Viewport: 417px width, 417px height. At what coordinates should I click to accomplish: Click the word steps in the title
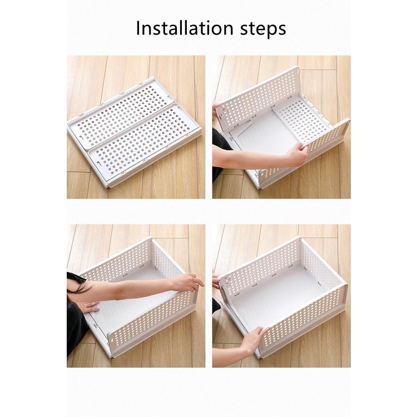tap(264, 29)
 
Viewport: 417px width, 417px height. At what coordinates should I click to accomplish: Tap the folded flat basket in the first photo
tap(134, 132)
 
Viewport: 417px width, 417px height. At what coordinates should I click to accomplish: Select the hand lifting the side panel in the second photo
tap(296, 153)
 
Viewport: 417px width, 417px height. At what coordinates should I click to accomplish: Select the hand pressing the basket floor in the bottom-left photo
tap(88, 306)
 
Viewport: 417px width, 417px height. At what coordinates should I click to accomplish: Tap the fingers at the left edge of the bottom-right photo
tap(216, 279)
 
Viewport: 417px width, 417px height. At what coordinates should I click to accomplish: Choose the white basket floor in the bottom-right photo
tap(279, 298)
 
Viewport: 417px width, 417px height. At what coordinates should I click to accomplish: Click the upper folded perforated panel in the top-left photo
tap(122, 112)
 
